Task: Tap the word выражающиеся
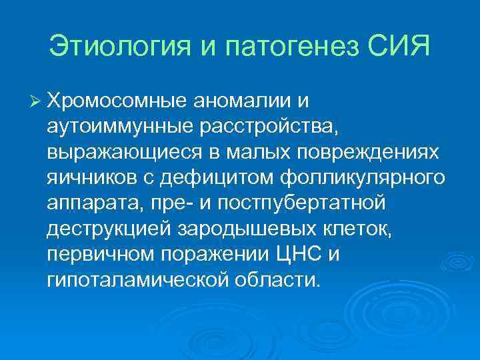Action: [x=116, y=152]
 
